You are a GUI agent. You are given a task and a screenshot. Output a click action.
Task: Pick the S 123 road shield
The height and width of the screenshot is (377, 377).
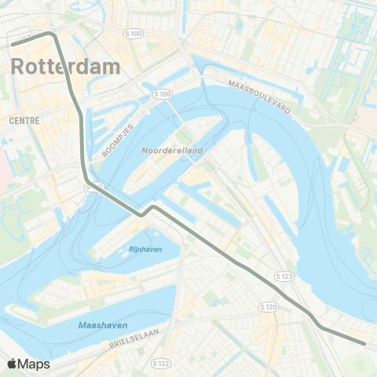[284, 276]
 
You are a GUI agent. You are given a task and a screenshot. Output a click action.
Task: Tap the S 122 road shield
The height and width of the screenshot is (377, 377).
[160, 363]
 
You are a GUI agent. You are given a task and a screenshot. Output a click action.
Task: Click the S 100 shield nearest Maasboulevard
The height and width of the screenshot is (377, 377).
[163, 94]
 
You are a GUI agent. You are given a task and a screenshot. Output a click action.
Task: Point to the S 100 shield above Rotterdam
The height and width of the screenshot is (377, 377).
[134, 34]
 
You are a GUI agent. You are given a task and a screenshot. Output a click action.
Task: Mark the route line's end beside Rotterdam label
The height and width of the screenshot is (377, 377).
[12, 44]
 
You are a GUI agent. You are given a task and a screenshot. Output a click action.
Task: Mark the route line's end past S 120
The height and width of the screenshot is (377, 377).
[365, 342]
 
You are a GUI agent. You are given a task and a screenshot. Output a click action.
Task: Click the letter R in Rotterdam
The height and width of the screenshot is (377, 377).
[20, 67]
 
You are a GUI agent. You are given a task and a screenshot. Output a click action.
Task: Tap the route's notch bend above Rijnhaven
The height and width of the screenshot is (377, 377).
[146, 210]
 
